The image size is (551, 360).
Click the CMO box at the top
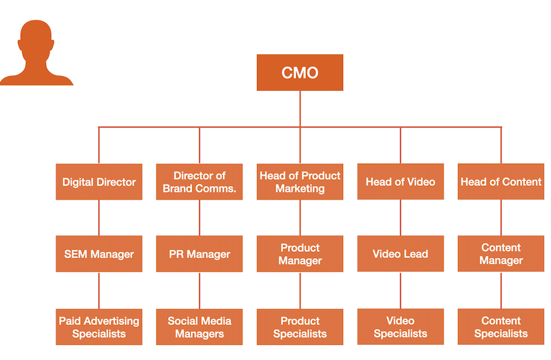coord(300,73)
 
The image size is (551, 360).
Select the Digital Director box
coord(99,182)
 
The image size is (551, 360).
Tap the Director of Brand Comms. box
coord(200,182)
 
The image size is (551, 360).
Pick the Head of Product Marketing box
coord(300,182)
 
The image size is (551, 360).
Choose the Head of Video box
coord(400,182)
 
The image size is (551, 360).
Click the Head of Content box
coord(501,182)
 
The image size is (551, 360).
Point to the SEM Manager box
coord(99,254)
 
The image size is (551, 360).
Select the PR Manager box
coord(200,254)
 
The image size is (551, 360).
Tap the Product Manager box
coord(300,254)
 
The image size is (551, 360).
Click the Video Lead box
coord(400,254)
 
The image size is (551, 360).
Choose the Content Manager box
coord(501,254)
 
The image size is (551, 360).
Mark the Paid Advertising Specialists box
coord(99,327)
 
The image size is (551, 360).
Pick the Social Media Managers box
coord(200,327)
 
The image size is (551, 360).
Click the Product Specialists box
coord(300,327)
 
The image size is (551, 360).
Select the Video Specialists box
coord(400,327)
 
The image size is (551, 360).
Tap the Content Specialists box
coord(501,327)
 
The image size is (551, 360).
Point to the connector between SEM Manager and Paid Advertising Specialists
coord(99,290)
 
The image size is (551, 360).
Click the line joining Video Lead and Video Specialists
coord(400,290)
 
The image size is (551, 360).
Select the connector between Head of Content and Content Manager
coord(501,218)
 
